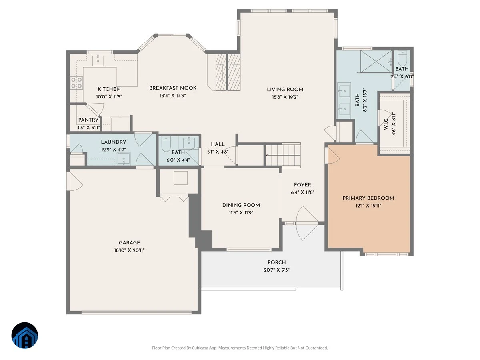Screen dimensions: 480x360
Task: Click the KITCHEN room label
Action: click(x=109, y=89)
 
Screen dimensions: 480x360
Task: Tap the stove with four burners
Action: click(x=76, y=83)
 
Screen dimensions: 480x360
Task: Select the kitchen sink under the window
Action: click(x=98, y=60)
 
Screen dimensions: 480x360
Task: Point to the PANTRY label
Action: click(x=88, y=120)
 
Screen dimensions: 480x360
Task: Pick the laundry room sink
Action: click(x=124, y=159)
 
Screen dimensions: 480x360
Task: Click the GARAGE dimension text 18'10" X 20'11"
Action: click(x=129, y=250)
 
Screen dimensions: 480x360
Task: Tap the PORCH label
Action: click(x=276, y=262)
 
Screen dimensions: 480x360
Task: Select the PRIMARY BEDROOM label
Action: click(x=368, y=198)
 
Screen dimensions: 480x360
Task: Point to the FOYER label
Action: click(x=302, y=185)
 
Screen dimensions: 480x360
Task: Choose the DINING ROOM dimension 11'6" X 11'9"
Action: click(x=241, y=212)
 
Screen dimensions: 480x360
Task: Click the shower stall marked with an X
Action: click(x=376, y=62)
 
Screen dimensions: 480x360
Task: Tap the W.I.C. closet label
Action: click(x=386, y=124)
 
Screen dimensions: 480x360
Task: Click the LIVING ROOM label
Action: click(x=285, y=89)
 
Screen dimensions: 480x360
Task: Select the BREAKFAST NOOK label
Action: click(x=173, y=88)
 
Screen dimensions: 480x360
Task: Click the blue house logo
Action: click(x=25, y=335)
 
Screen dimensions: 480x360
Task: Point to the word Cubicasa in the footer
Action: click(x=200, y=348)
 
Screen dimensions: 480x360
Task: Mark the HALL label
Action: click(x=218, y=144)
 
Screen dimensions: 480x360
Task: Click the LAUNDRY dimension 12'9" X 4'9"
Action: click(x=113, y=150)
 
